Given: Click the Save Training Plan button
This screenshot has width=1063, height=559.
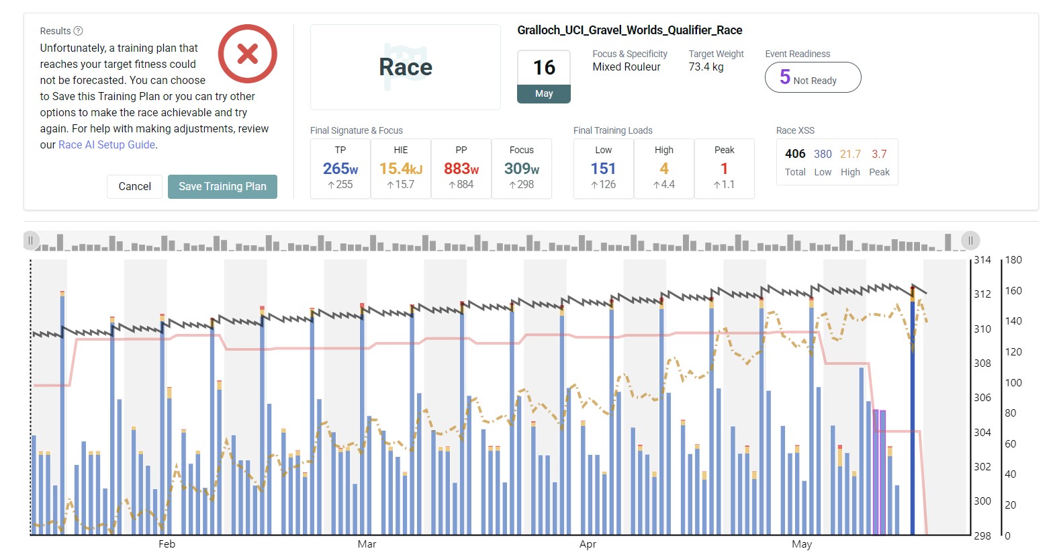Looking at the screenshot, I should tap(222, 186).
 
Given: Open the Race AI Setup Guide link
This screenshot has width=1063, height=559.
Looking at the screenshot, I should tap(107, 144).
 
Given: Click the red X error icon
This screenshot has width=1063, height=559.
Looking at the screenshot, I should tap(248, 54).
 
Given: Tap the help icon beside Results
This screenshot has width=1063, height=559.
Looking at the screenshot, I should tap(78, 31).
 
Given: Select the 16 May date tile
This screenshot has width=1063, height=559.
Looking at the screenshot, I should tap(543, 77).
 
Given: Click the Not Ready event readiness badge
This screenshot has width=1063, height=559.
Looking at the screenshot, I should tap(813, 78).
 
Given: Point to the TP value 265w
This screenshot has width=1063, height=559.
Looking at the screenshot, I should tap(340, 169).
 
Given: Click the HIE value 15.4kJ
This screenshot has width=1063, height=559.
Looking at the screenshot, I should tap(400, 169).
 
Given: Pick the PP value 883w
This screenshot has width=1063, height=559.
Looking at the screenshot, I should tap(461, 169).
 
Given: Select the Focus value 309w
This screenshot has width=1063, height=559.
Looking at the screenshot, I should tap(521, 169).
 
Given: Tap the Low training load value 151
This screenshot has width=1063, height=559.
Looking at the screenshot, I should tap(603, 169).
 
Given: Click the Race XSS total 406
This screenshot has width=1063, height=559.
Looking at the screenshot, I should tap(795, 154).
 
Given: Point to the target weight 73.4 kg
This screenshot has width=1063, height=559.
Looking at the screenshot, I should tap(706, 67).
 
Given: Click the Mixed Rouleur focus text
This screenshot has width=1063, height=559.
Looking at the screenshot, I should tap(626, 67).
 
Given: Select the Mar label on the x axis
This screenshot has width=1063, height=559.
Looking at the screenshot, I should tap(367, 544).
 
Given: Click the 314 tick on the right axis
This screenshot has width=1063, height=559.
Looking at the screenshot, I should tap(982, 260).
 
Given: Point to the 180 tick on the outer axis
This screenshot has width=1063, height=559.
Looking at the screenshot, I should tap(1013, 260).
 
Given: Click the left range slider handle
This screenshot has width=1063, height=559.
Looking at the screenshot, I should tap(30, 241).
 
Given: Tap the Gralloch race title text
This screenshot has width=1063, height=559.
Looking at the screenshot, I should tap(629, 30).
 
